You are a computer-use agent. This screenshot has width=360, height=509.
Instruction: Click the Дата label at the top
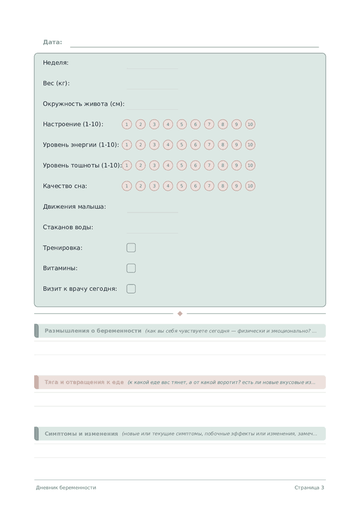(x=52, y=42)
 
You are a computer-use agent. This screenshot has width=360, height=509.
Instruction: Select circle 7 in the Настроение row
(x=209, y=124)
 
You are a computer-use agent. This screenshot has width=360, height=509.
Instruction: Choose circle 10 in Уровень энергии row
(x=250, y=145)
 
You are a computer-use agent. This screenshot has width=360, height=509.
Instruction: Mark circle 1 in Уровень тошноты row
(x=127, y=165)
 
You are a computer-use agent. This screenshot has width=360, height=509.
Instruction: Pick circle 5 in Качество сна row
(x=182, y=186)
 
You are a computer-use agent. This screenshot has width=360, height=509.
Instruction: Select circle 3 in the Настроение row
(x=154, y=124)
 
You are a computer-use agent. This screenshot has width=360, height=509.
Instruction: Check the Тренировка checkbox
(x=131, y=248)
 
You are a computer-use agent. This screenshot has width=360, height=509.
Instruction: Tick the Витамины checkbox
(x=131, y=268)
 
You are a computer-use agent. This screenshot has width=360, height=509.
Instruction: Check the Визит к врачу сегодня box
(x=131, y=289)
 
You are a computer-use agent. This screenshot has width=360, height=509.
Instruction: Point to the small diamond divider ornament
(x=180, y=313)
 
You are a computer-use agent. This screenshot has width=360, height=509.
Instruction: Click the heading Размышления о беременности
(x=93, y=331)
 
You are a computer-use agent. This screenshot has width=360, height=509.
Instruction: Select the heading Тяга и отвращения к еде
(x=84, y=382)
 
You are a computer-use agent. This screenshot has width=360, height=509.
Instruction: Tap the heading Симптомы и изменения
(x=81, y=433)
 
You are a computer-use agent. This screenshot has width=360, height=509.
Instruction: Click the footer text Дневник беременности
(x=66, y=487)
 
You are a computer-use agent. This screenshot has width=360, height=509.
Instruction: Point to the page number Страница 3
(x=309, y=487)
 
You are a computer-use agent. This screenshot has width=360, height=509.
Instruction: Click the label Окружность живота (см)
(x=83, y=104)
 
